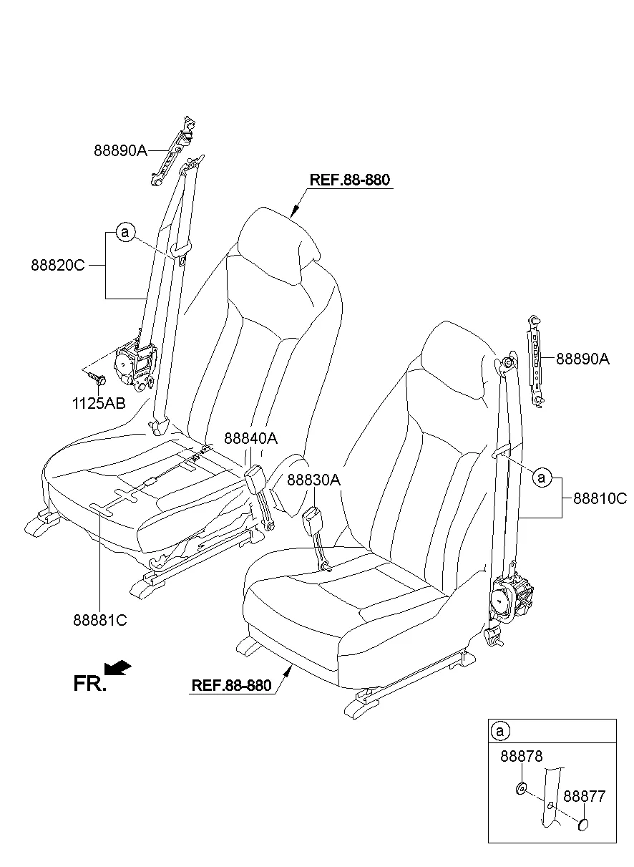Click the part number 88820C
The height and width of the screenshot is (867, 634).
click(x=58, y=266)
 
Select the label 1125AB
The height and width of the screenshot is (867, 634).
click(x=99, y=403)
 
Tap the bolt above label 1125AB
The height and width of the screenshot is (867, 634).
click(x=97, y=378)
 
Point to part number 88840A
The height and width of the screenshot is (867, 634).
click(x=251, y=438)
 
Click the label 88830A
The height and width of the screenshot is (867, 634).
click(x=313, y=480)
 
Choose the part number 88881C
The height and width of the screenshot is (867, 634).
click(x=100, y=620)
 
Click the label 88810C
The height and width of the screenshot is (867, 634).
click(x=600, y=498)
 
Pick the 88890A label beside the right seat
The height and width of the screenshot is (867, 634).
click(x=583, y=359)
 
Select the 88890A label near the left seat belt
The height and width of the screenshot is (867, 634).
click(x=121, y=150)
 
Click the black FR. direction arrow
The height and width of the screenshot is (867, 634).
click(x=117, y=668)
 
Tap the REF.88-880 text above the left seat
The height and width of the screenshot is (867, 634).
click(x=350, y=180)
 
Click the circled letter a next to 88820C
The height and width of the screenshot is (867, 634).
click(x=125, y=233)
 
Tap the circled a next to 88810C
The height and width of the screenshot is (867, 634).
click(x=542, y=478)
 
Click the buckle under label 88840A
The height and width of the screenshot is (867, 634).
click(x=254, y=480)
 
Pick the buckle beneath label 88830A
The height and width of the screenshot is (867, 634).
click(x=312, y=517)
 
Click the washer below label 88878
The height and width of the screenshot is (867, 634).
click(x=521, y=788)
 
